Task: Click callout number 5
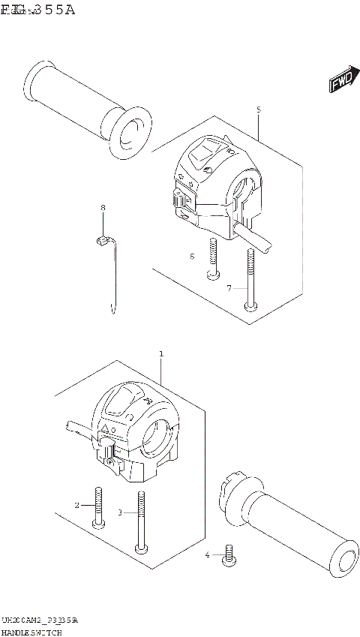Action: [259, 110]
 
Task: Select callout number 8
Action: [103, 207]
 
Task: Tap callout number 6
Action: [192, 257]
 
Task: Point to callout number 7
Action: [229, 287]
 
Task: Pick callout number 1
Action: [160, 353]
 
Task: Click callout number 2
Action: [76, 505]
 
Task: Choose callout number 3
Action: [119, 513]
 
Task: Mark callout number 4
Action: [208, 555]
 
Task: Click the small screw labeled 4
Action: [229, 555]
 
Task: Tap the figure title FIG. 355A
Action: [37, 10]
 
